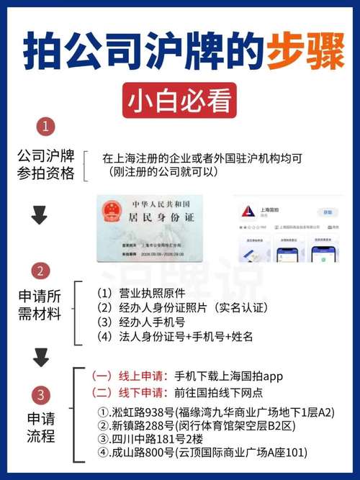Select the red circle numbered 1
tap(46, 127)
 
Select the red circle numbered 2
tap(42, 271)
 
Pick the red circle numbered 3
tap(42, 394)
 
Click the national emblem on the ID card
tap(113, 212)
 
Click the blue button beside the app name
tap(328, 212)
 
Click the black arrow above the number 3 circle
tap(42, 358)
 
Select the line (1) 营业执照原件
tap(140, 294)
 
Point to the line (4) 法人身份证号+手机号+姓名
tap(174, 337)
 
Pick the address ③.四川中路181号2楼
tap(150, 439)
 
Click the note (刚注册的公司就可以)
tap(160, 172)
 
